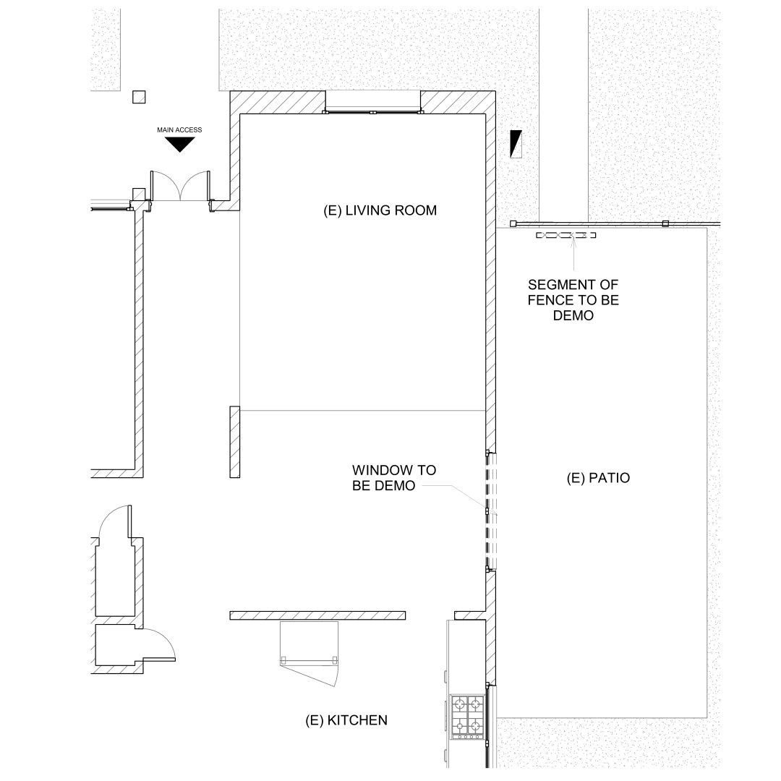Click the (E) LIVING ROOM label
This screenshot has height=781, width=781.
[380, 210]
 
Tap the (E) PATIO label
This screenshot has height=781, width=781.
[598, 478]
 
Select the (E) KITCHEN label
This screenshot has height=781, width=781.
[346, 720]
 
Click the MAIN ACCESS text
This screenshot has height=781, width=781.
[179, 130]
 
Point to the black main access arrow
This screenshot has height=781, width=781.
[179, 145]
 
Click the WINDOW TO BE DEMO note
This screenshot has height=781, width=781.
[394, 478]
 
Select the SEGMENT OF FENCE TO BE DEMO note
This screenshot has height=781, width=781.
[573, 300]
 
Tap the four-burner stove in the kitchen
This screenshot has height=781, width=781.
[468, 717]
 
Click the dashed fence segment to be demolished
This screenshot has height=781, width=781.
[566, 235]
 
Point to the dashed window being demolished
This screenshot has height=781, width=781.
[491, 511]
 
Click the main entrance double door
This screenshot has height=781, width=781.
[180, 186]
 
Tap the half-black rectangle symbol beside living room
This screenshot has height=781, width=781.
[516, 144]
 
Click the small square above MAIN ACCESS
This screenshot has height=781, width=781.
[139, 97]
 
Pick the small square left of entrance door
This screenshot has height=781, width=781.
[138, 195]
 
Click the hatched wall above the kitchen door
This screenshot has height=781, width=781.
[317, 615]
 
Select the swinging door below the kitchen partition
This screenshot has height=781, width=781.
[310, 653]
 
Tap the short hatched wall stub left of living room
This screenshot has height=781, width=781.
[234, 442]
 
